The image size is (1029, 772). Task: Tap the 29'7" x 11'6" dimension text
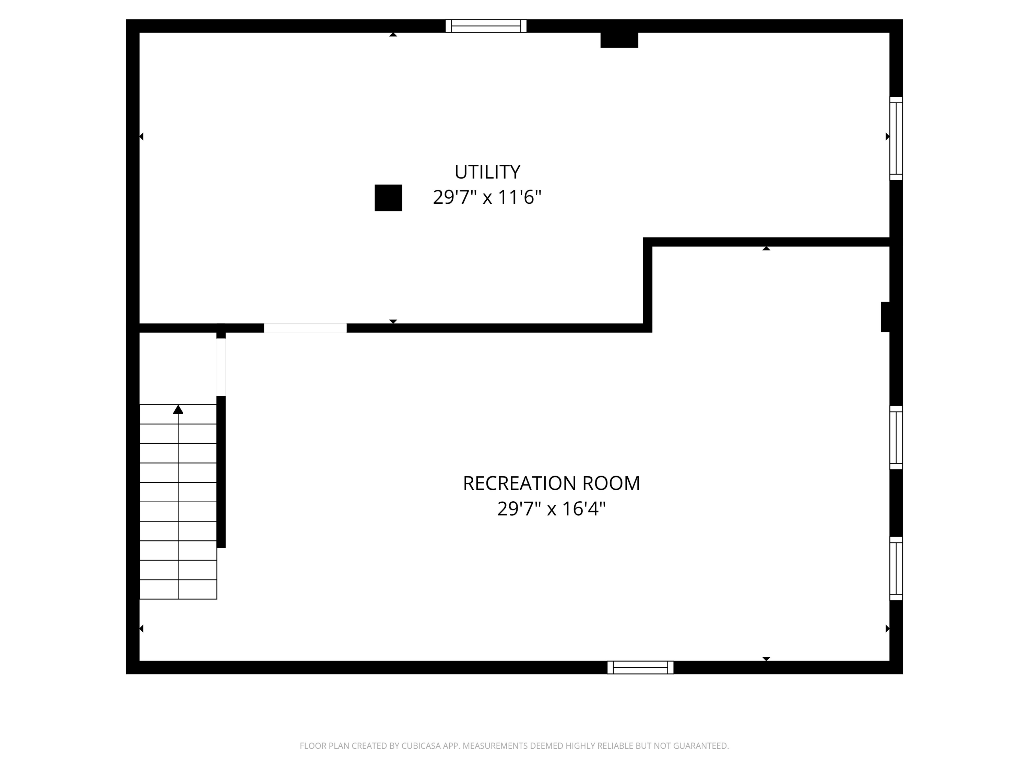(x=487, y=197)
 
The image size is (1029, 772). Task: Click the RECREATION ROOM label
(x=551, y=483)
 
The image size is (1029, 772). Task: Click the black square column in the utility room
(x=388, y=198)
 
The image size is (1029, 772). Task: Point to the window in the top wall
(x=486, y=26)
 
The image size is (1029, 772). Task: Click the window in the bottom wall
(x=640, y=667)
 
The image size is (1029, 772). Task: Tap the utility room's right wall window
(x=896, y=138)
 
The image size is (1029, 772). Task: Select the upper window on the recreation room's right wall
(x=896, y=437)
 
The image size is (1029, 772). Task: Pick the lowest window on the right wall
(x=896, y=568)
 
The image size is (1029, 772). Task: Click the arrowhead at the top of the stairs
(x=178, y=409)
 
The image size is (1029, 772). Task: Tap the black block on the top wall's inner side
(x=619, y=40)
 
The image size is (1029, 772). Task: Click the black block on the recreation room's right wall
(x=885, y=317)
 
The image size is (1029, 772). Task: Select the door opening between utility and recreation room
(x=305, y=328)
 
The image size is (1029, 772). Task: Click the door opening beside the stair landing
(x=221, y=367)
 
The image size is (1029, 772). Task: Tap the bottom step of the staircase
(x=178, y=589)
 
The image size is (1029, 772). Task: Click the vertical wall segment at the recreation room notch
(x=648, y=284)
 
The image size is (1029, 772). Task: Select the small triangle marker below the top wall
(x=393, y=34)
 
